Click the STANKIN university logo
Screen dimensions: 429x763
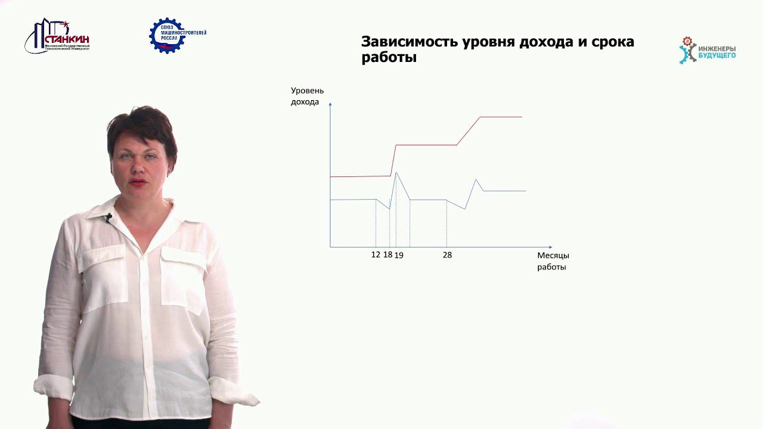coord(57,37)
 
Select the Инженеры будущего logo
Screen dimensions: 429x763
coord(708,51)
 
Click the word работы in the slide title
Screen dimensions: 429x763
coord(389,58)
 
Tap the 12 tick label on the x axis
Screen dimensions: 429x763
coord(376,254)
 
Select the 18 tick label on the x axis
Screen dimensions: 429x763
coord(387,254)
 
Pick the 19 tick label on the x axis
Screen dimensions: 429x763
coord(399,255)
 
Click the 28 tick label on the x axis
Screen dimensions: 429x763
coord(447,255)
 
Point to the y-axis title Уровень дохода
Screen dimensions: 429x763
coord(307,96)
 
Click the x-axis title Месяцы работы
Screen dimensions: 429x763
coord(553,261)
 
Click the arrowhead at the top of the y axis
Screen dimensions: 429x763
coord(330,105)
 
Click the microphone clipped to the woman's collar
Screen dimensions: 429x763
coord(108,217)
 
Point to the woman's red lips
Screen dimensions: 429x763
coord(138,182)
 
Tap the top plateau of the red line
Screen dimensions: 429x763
coord(501,117)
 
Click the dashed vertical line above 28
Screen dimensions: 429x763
coord(446,223)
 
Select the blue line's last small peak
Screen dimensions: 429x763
coord(476,179)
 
